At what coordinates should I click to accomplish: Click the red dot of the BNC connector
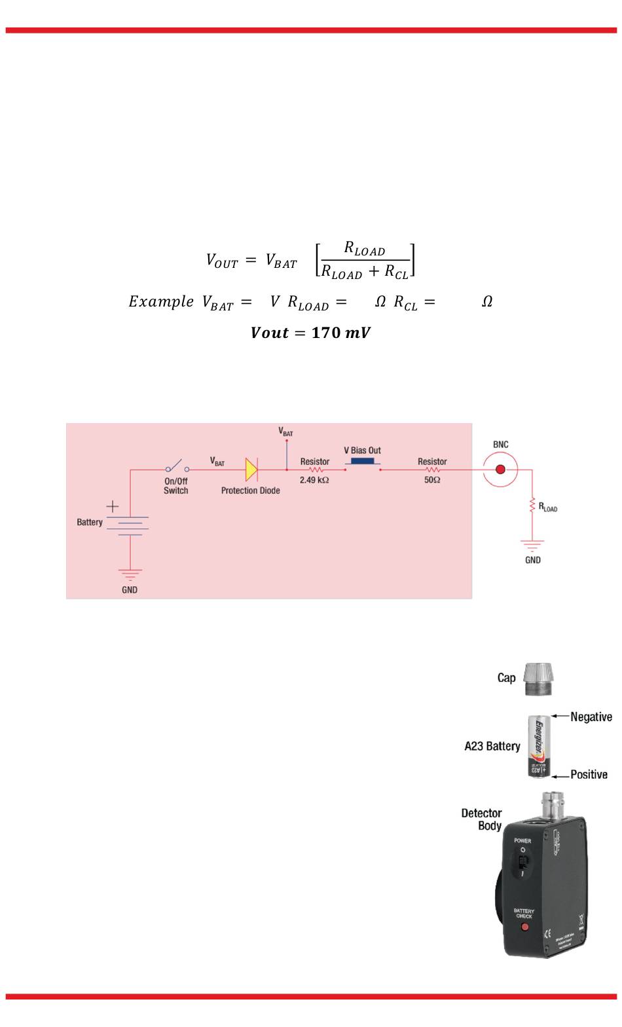[x=501, y=470]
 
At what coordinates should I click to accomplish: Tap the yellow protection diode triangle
[x=251, y=470]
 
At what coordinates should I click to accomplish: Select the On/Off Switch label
[x=175, y=485]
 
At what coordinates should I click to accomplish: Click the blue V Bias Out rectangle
[x=362, y=461]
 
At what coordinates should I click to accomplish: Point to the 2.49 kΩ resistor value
[x=314, y=480]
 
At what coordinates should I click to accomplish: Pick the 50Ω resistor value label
[x=432, y=480]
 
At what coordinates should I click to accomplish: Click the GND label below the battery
[x=130, y=589]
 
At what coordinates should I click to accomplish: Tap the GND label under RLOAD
[x=533, y=560]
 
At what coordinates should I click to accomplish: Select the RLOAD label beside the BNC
[x=547, y=507]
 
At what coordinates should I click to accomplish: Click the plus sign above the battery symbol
[x=113, y=506]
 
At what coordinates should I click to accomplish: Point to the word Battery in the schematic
[x=90, y=522]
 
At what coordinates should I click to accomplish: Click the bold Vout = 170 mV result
[x=310, y=333]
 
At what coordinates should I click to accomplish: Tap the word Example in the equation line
[x=161, y=302]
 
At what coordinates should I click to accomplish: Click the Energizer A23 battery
[x=540, y=746]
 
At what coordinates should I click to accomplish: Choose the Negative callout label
[x=591, y=717]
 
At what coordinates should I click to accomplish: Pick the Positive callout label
[x=589, y=775]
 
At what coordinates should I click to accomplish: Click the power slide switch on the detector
[x=522, y=861]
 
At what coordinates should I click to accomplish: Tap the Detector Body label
[x=482, y=819]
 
